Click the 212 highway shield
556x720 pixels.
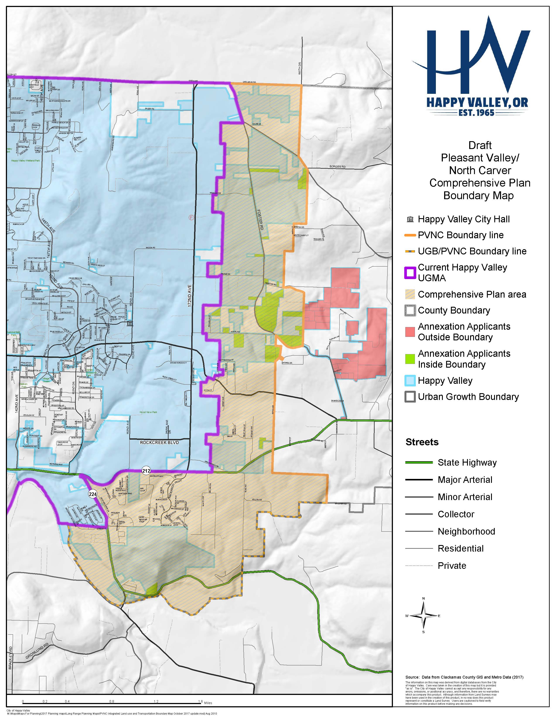tap(146, 471)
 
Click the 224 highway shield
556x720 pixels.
tap(93, 494)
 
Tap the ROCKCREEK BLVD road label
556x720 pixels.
tap(159, 442)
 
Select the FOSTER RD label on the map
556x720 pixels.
tap(260, 219)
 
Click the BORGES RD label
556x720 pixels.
tap(337, 166)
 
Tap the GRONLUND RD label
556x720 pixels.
tap(37, 651)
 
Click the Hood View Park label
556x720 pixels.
tap(148, 412)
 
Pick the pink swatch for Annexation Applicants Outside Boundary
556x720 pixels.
tap(410, 332)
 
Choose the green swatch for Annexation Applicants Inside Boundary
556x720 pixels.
tap(410, 359)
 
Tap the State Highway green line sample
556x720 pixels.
tap(419, 463)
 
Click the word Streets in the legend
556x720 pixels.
tap(422, 442)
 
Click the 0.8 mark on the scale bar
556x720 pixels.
tap(112, 701)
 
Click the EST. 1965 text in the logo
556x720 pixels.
tap(477, 113)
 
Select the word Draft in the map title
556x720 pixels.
tap(480, 145)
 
